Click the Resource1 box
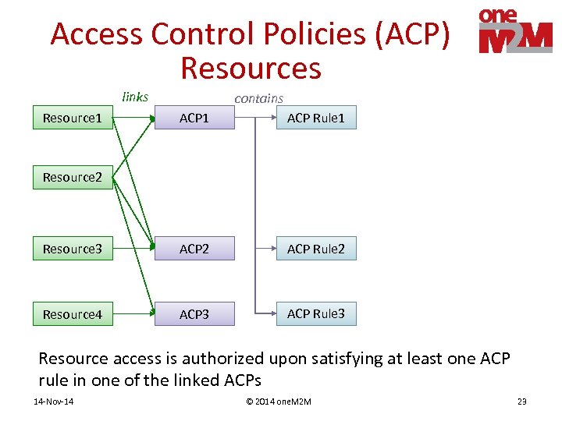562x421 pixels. pyautogui.click(x=73, y=118)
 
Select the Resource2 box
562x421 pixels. pyautogui.click(x=73, y=177)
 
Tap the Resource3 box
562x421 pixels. pyautogui.click(x=73, y=249)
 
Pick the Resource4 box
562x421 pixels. pyautogui.click(x=73, y=314)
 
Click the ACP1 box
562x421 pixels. pyautogui.click(x=194, y=118)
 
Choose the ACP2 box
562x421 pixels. pyautogui.click(x=194, y=249)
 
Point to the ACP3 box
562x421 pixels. pyautogui.click(x=194, y=314)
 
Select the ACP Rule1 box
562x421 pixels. pyautogui.click(x=315, y=118)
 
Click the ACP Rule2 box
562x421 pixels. pyautogui.click(x=315, y=249)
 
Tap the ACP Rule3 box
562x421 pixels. pyautogui.click(x=315, y=313)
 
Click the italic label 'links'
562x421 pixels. pyautogui.click(x=135, y=97)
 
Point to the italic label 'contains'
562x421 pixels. pyautogui.click(x=258, y=97)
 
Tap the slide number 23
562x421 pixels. pyautogui.click(x=521, y=402)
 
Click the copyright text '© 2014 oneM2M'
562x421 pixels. pyautogui.click(x=279, y=402)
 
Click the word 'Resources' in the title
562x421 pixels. pyautogui.click(x=251, y=68)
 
